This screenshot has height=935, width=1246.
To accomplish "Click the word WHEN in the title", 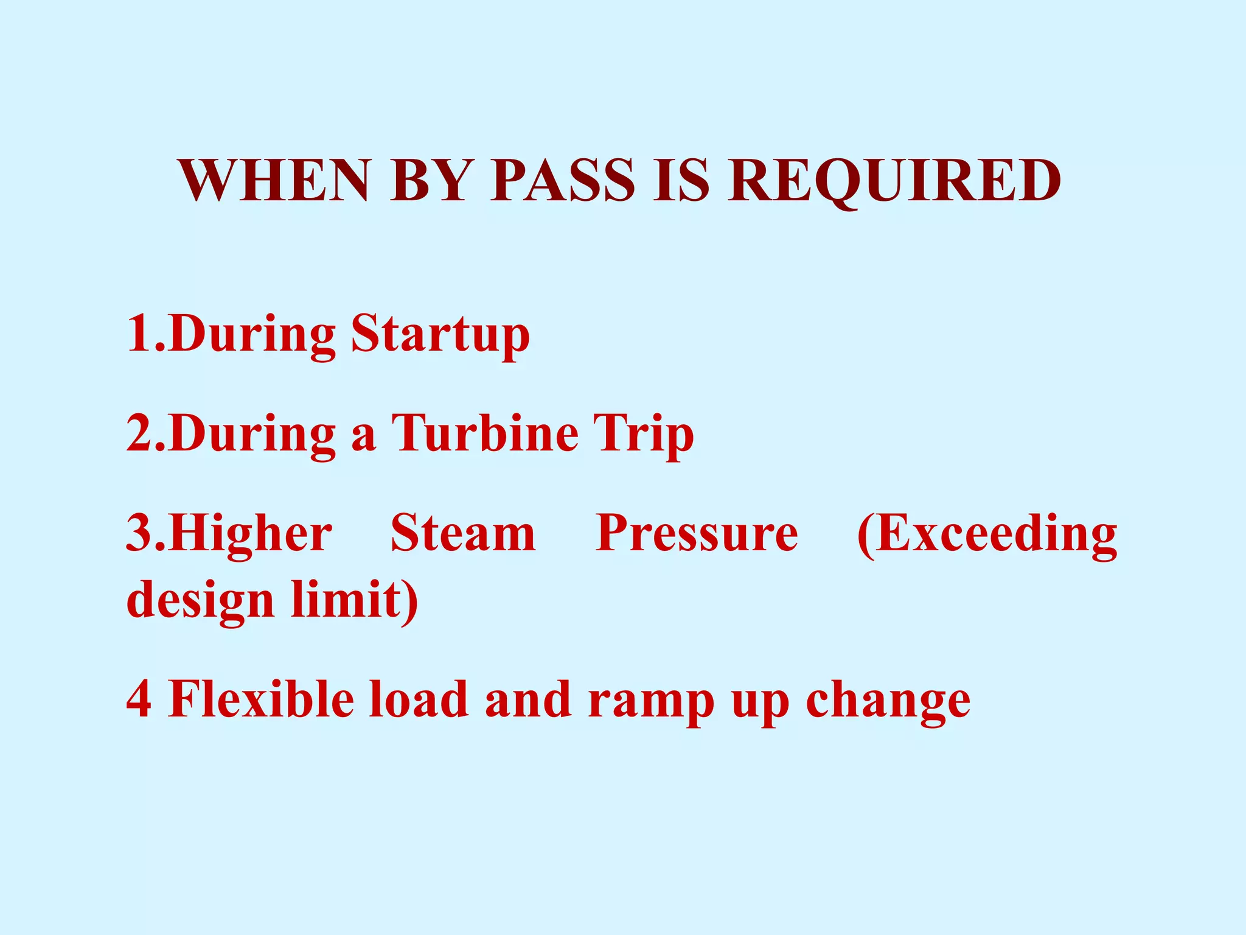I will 274,181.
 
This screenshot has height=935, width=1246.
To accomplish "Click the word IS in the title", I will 681,181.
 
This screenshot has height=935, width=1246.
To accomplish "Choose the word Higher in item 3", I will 251,534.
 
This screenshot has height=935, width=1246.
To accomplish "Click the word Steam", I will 463,533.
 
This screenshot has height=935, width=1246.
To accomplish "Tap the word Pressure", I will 697,533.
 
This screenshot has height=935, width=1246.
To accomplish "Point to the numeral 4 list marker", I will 139,700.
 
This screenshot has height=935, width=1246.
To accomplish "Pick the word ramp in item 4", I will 652,702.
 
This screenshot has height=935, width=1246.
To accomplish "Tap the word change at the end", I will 888,702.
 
